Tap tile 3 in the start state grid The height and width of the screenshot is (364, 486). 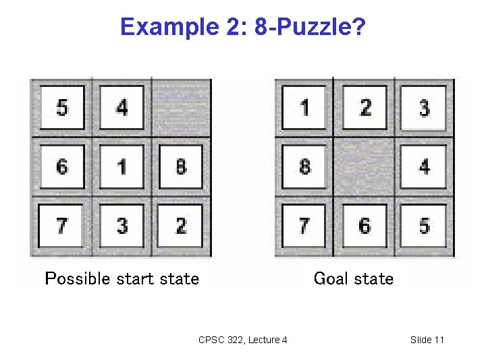pyautogui.click(x=122, y=225)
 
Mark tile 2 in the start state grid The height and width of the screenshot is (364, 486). pyautogui.click(x=180, y=225)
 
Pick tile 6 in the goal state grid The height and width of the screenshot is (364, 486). pyautogui.click(x=364, y=225)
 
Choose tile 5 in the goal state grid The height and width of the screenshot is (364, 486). pyautogui.click(x=423, y=225)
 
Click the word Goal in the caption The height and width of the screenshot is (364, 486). pyautogui.click(x=330, y=278)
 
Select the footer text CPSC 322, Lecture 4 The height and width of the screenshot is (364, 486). pyautogui.click(x=243, y=340)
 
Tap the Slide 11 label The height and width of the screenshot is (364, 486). pyautogui.click(x=427, y=340)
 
